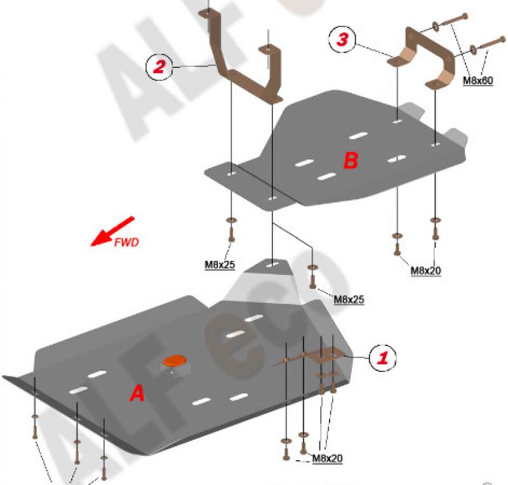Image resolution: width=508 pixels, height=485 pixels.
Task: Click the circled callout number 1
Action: point(383,357)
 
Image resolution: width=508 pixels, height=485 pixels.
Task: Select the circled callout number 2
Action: point(159,67)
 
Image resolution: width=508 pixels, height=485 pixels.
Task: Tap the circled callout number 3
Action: point(342,39)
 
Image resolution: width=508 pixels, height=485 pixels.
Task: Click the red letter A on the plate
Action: point(137,394)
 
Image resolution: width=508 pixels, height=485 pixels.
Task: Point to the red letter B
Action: point(351,160)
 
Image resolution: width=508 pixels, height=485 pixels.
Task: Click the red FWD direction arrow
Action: point(112,231)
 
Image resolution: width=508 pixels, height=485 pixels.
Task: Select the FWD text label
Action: point(126,242)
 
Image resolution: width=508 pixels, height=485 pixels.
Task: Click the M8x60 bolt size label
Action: point(478,81)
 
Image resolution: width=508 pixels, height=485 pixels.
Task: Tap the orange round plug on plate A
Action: point(175,361)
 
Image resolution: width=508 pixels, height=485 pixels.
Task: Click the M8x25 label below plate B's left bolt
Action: point(220,265)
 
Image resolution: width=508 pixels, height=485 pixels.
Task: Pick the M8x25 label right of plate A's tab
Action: point(349,300)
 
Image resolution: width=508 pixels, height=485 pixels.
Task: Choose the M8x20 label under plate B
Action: point(425,270)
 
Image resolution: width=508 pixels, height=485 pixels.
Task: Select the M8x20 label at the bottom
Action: point(327,458)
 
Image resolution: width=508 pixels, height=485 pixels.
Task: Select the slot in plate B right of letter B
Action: point(398,159)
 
